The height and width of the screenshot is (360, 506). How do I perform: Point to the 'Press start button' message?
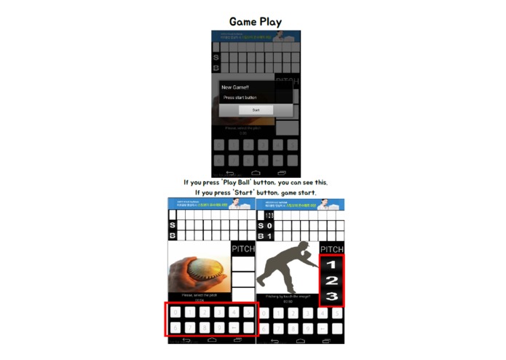point(240,98)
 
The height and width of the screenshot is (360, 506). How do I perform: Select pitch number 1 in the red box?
point(331,265)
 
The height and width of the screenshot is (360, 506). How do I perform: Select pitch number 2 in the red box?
point(331,281)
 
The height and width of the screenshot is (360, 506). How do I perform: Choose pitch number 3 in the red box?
point(331,296)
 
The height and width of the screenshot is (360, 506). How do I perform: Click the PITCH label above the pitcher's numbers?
point(331,249)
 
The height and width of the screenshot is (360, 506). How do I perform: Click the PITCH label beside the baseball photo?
point(243,249)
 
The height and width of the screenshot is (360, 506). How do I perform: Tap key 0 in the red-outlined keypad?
point(176,312)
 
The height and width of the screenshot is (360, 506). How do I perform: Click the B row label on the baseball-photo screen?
point(173,235)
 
